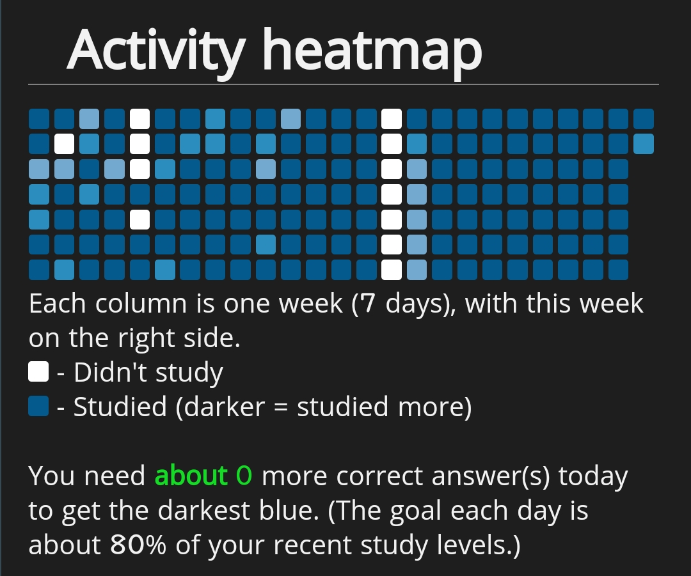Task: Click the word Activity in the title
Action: click(155, 51)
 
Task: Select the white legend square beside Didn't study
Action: click(38, 371)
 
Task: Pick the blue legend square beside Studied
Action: click(38, 405)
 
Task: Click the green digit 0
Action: click(244, 476)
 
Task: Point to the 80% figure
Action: click(138, 545)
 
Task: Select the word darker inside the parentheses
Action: click(224, 406)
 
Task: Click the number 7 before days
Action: click(369, 304)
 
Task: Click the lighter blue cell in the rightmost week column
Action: click(644, 144)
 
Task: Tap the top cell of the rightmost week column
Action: click(644, 119)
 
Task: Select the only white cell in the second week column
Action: click(64, 144)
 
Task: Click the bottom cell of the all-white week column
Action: click(392, 270)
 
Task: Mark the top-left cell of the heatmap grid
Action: click(39, 119)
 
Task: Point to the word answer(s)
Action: click(491, 476)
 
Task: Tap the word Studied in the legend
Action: click(120, 406)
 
